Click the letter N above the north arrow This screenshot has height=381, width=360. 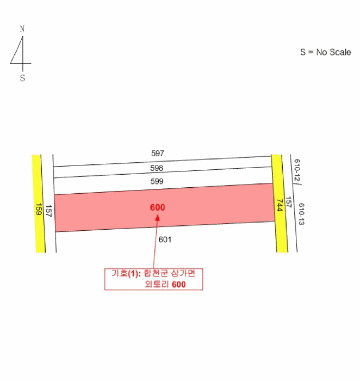coord(22,29)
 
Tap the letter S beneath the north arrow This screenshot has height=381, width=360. coord(23,78)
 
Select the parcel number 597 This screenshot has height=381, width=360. coord(158,153)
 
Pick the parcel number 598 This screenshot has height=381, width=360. coord(157,168)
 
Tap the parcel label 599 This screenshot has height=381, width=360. coord(157,181)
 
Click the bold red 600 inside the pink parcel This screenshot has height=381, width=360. coord(158,207)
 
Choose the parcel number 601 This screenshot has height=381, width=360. coord(165,240)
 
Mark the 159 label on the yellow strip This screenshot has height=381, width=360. coord(39,209)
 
